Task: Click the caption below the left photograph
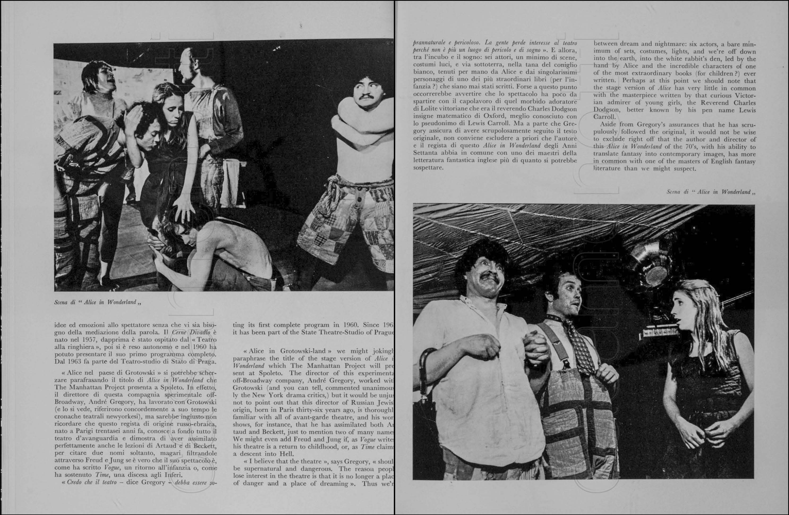point(98,302)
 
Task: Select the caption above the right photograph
point(711,192)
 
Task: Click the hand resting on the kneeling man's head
point(184,209)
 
